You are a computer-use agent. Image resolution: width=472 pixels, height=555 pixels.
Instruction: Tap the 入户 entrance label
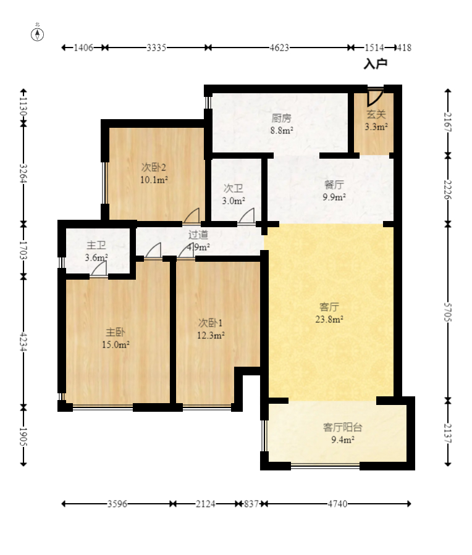click(x=376, y=64)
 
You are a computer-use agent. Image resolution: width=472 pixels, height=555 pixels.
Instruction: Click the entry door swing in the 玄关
click(x=375, y=97)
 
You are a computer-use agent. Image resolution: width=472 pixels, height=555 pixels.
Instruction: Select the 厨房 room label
click(x=281, y=118)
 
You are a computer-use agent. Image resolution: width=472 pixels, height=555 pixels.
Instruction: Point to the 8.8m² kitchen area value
click(x=282, y=130)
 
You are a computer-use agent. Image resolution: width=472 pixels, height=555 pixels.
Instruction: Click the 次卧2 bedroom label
click(x=153, y=167)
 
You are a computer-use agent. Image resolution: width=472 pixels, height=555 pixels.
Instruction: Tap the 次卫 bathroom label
click(x=234, y=188)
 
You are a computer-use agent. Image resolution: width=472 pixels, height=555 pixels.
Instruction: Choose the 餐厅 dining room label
click(x=334, y=185)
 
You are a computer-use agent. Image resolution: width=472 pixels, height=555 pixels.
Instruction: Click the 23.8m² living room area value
click(x=329, y=319)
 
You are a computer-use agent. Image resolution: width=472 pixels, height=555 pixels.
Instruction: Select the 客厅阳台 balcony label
click(x=342, y=427)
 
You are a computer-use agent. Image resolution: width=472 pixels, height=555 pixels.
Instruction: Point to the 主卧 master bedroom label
click(x=115, y=332)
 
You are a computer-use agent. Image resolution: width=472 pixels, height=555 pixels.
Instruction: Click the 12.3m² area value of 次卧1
click(x=211, y=335)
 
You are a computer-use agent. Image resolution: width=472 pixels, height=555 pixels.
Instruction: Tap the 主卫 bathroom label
click(x=96, y=245)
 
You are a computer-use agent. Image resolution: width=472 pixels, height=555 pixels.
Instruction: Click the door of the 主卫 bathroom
click(x=98, y=270)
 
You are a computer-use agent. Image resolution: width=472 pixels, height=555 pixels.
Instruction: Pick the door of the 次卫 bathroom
click(x=247, y=217)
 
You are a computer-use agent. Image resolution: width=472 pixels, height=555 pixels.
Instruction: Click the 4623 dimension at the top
click(x=279, y=48)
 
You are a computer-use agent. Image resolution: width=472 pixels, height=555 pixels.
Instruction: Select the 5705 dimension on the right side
click(x=448, y=312)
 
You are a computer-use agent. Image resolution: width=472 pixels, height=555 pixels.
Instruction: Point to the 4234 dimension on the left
click(x=23, y=341)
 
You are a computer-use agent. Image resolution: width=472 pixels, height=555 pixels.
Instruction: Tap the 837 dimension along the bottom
click(x=251, y=503)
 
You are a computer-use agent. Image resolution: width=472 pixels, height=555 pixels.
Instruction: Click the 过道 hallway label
click(x=198, y=235)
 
